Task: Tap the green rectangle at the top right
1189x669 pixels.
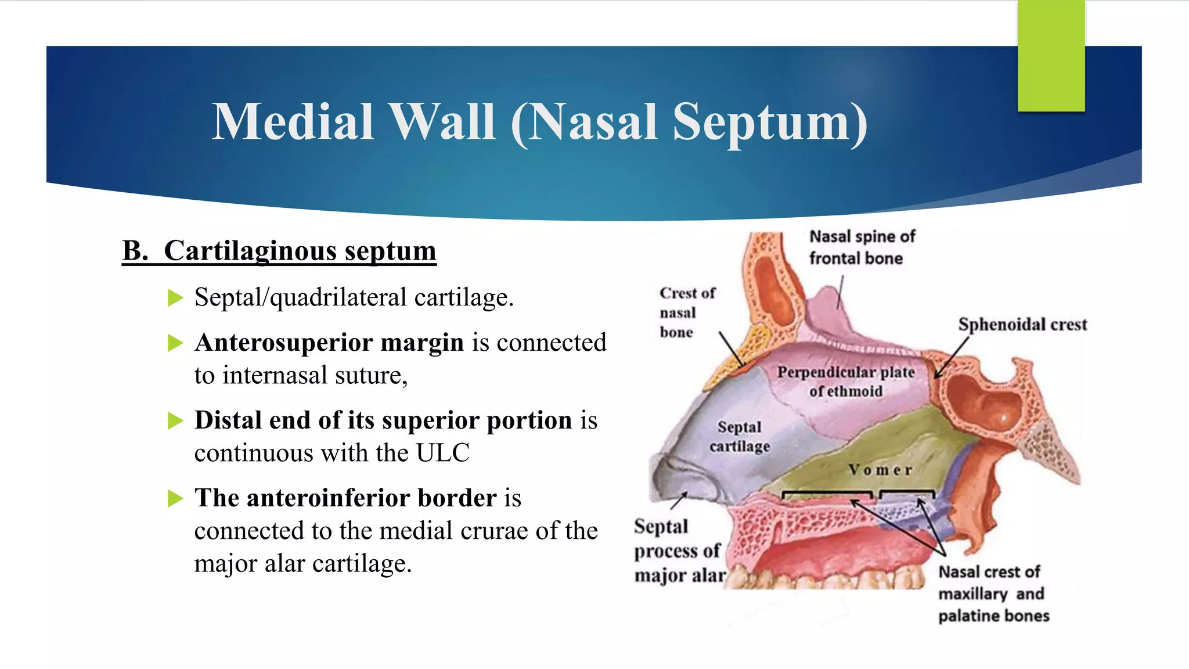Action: [1051, 56]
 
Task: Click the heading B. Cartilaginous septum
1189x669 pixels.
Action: [279, 251]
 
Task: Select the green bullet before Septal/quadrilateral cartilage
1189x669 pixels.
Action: [175, 298]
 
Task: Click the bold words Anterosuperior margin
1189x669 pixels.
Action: [329, 343]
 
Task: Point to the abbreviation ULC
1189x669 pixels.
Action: [443, 453]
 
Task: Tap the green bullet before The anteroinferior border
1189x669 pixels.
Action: [175, 498]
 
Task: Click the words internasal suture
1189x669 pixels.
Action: [314, 376]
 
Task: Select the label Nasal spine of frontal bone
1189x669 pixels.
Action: [862, 247]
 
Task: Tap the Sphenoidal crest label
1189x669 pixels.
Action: [1022, 325]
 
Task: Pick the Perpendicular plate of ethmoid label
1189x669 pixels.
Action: [846, 382]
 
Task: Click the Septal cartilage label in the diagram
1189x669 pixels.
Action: [739, 437]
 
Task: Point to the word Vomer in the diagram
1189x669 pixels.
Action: [880, 470]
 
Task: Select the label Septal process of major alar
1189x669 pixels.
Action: [678, 551]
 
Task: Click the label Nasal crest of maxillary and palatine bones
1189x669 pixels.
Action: [993, 594]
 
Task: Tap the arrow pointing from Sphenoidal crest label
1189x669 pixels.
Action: [952, 357]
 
